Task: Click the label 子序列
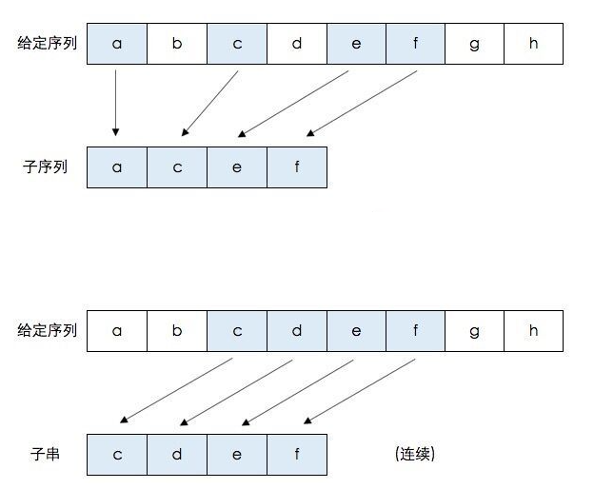pos(42,166)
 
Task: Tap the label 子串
pos(42,454)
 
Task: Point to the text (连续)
pos(414,454)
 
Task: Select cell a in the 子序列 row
pos(117,166)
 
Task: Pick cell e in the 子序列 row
pos(236,166)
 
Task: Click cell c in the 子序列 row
pos(177,166)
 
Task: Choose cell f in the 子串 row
pos(296,455)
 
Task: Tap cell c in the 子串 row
pos(117,455)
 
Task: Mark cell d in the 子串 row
pos(177,455)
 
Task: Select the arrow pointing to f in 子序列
pos(365,103)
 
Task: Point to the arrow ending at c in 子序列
pos(209,103)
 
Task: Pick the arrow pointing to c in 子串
pos(177,389)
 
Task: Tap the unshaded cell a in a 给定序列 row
pos(117,331)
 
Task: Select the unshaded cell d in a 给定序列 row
pos(296,44)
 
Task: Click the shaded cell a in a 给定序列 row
pos(117,44)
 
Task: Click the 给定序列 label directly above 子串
pos(48,331)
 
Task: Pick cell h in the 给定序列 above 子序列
pos(533,44)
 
